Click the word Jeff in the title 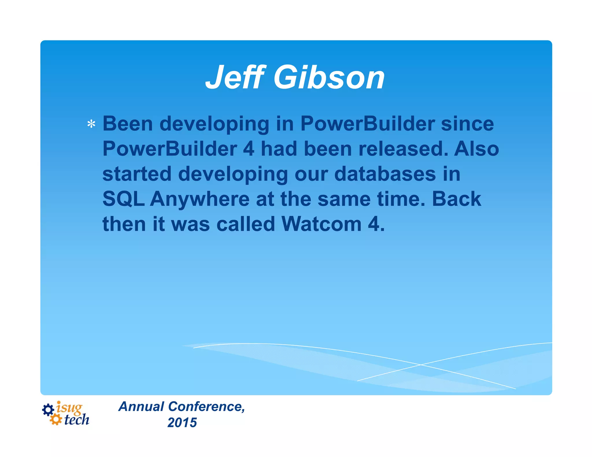pos(235,77)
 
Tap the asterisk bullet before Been pos(91,124)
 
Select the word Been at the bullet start pos(127,124)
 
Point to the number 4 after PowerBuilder pos(249,149)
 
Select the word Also pos(476,149)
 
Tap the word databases pos(385,174)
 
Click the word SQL pos(123,199)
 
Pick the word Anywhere pos(199,199)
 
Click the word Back pos(456,199)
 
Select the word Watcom pos(321,224)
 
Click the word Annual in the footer pos(141,406)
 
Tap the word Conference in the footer pos(206,406)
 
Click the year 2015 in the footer pos(182,423)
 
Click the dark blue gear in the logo pos(48,410)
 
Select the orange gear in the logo pos(55,419)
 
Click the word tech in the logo pos(77,420)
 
